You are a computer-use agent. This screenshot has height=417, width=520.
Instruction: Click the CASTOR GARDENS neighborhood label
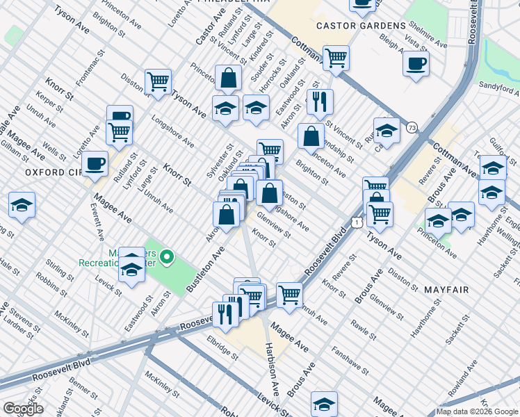click(361, 26)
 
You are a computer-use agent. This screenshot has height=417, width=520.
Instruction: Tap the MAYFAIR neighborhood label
click(446, 289)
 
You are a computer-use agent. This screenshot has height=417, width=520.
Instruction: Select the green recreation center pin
click(166, 259)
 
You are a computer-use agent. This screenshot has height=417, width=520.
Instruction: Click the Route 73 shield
click(412, 127)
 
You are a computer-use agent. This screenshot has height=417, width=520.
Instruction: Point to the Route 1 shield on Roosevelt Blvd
click(356, 222)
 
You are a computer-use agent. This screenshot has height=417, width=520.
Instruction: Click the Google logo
click(23, 409)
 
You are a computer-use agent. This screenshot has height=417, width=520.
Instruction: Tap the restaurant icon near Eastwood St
click(320, 101)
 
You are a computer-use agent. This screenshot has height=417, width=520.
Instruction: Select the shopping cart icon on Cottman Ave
click(336, 58)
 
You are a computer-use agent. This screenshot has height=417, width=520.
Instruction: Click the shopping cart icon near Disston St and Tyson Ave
click(159, 81)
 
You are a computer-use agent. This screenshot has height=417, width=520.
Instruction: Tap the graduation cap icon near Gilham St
click(22, 206)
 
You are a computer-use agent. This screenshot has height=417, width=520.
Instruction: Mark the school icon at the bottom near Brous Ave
click(324, 404)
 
